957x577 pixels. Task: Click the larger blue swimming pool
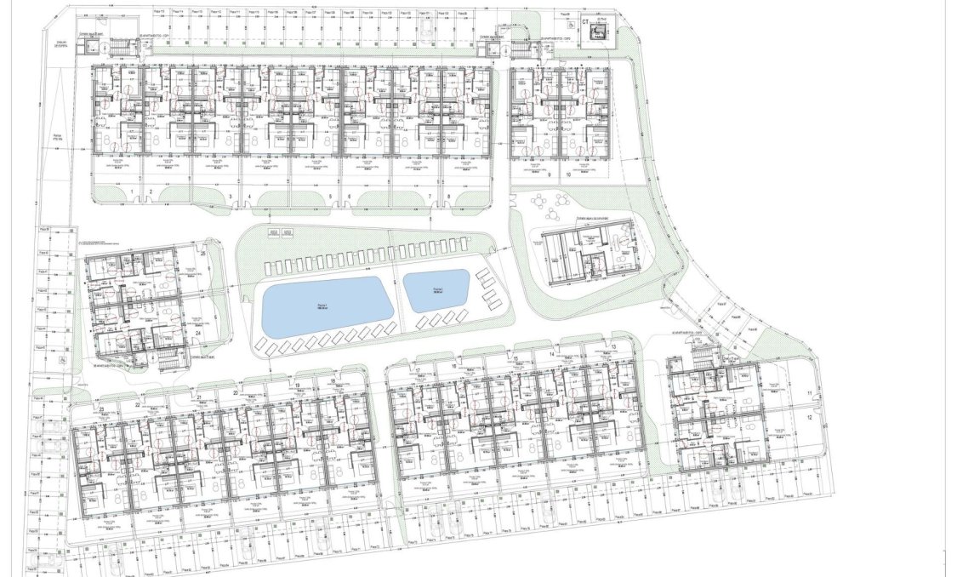tap(327, 306)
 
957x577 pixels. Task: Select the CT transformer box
tap(599, 32)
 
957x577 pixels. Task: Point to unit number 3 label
tap(231, 197)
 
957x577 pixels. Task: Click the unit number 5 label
tap(329, 197)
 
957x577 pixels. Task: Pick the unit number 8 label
tap(448, 197)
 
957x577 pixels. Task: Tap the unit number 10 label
tap(567, 174)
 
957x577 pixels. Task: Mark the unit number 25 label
tap(203, 253)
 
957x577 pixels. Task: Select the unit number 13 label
tap(613, 347)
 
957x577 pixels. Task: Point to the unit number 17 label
tap(418, 369)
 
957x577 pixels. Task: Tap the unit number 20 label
tap(235, 393)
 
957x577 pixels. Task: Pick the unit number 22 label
tap(137, 405)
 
